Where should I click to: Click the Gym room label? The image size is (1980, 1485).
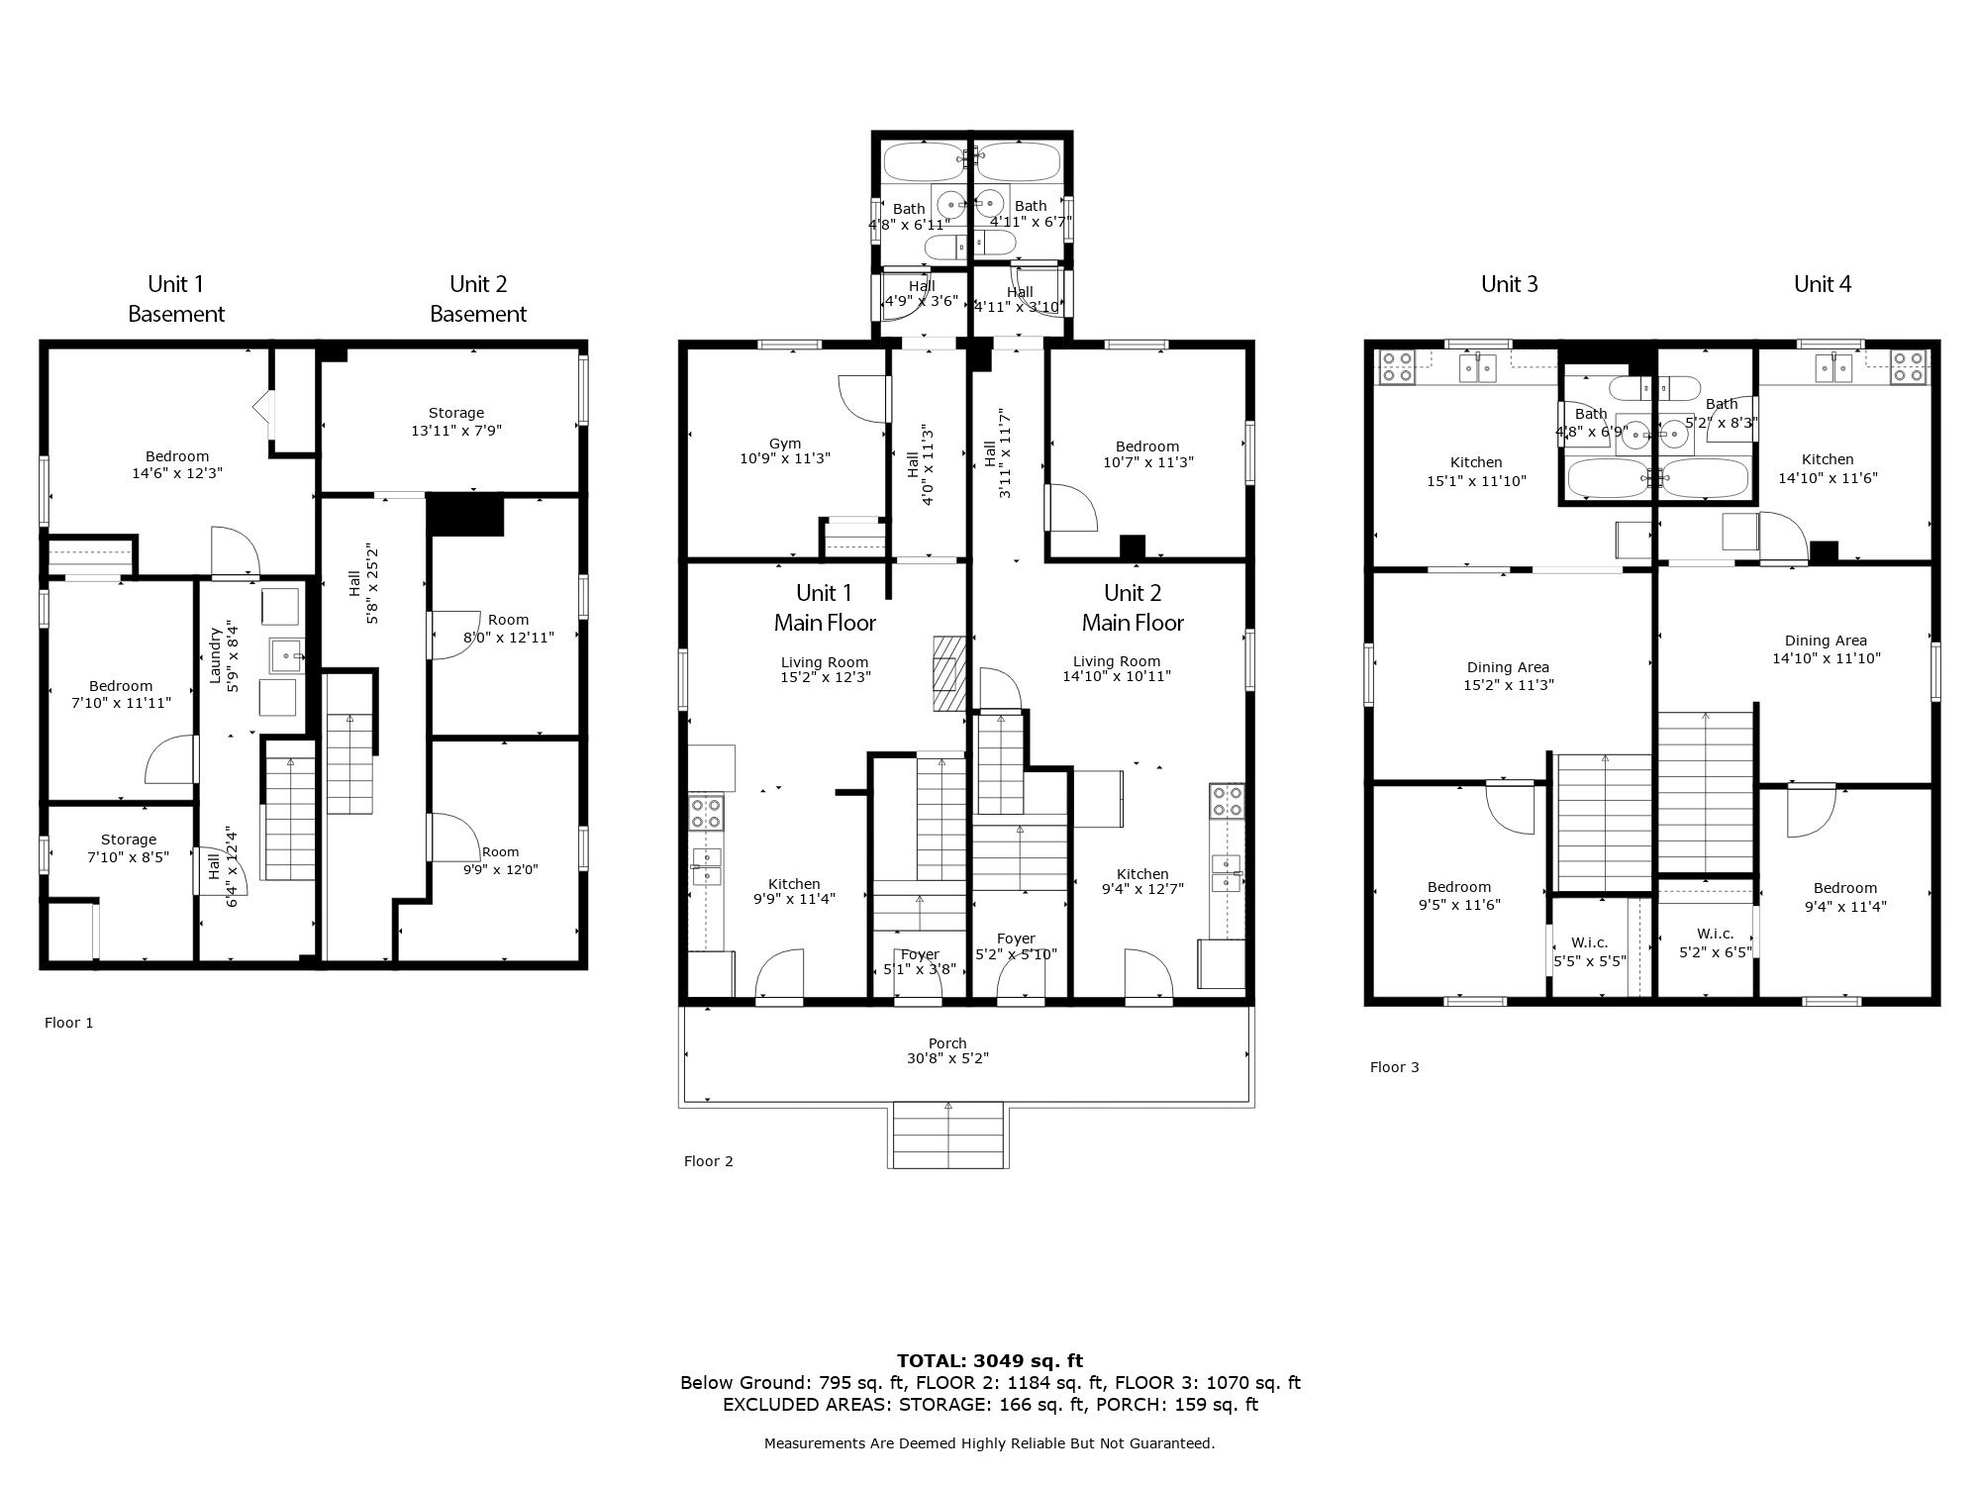point(785,444)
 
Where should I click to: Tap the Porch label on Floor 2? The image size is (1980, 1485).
point(947,1043)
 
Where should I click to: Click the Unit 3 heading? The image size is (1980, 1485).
point(1510,284)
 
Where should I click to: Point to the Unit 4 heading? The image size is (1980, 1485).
point(1823,284)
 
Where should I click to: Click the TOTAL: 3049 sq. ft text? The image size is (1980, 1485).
point(990,1360)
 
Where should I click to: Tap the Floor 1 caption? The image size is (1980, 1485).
point(69,1023)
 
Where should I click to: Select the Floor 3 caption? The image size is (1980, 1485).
point(1395,1067)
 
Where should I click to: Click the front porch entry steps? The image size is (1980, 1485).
point(948,1136)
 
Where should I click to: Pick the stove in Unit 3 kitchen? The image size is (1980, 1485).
point(1397,366)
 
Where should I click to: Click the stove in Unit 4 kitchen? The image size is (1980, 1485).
point(1910,366)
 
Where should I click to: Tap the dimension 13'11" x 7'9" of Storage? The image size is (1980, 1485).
point(456,431)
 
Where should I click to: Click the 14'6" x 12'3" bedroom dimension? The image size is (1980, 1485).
point(177,473)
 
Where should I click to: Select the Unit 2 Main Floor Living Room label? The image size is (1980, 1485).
point(1117,661)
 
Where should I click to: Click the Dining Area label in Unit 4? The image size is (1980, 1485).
point(1826,641)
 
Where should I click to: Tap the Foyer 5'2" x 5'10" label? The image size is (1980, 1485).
point(1016,946)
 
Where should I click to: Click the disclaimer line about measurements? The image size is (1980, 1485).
point(990,1443)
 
